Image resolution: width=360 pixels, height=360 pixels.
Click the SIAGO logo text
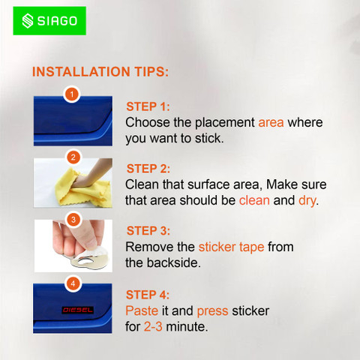57,21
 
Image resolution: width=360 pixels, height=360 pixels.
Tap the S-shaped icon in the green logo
28,21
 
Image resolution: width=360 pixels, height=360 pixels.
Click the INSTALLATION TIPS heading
100,72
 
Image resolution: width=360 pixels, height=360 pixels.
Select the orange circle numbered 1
72,94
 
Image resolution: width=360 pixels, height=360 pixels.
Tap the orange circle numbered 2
73,157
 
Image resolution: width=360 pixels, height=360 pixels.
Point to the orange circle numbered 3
73,220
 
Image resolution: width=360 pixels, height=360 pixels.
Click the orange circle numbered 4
73,283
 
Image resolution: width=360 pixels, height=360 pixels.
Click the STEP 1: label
148,106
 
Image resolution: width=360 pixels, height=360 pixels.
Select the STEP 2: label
148,169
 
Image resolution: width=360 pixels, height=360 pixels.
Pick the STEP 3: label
148,231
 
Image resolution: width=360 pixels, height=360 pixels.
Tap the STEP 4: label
148,295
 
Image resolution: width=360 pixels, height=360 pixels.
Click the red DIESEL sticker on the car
78,310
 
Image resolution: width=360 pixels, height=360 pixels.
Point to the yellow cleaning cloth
83,189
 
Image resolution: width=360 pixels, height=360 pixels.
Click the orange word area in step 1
271,122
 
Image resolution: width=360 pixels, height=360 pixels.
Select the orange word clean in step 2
254,200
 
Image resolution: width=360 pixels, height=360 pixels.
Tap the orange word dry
307,201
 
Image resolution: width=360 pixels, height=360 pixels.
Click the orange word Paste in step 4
142,310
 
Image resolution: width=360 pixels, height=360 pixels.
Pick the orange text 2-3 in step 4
153,326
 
